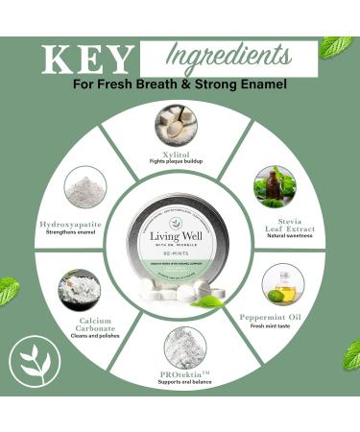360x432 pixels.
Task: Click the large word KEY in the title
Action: point(87,60)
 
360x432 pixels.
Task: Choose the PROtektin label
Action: point(180,372)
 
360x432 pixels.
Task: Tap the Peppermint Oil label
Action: point(285,321)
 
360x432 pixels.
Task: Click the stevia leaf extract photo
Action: point(276,187)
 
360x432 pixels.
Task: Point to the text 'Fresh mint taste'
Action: point(285,332)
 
